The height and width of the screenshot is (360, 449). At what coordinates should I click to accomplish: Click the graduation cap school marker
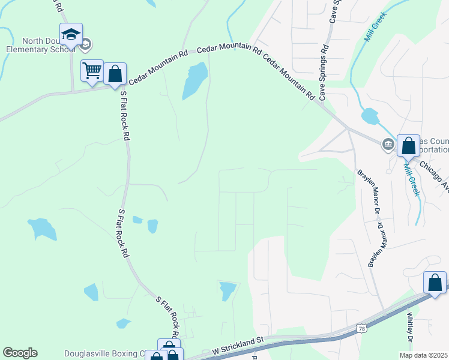pyautogui.click(x=71, y=34)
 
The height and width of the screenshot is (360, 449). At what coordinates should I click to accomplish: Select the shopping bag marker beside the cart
pyautogui.click(x=115, y=74)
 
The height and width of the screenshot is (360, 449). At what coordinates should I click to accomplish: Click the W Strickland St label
pyautogui.click(x=238, y=347)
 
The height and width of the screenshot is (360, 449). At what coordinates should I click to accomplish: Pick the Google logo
pyautogui.click(x=20, y=353)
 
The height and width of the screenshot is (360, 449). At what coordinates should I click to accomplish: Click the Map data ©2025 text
pyautogui.click(x=423, y=355)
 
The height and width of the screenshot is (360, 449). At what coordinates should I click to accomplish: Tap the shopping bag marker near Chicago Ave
pyautogui.click(x=408, y=146)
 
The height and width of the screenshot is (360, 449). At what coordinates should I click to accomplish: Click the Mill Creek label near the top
pyautogui.click(x=376, y=27)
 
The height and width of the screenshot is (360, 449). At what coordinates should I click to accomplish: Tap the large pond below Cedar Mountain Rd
pyautogui.click(x=194, y=80)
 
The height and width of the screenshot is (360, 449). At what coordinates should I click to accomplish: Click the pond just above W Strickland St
pyautogui.click(x=228, y=291)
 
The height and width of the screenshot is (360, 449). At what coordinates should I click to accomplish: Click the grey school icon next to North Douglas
pyautogui.click(x=86, y=43)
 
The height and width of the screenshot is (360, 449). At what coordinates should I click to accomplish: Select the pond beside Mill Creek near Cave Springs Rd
pyautogui.click(x=370, y=116)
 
